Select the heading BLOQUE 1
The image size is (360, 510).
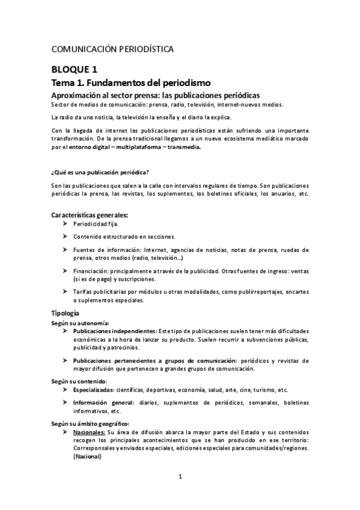click(75, 69)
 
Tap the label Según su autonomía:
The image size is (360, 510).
click(80, 324)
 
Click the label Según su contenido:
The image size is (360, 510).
click(79, 381)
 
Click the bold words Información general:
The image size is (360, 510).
click(104, 402)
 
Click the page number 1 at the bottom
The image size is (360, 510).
click(180, 477)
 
